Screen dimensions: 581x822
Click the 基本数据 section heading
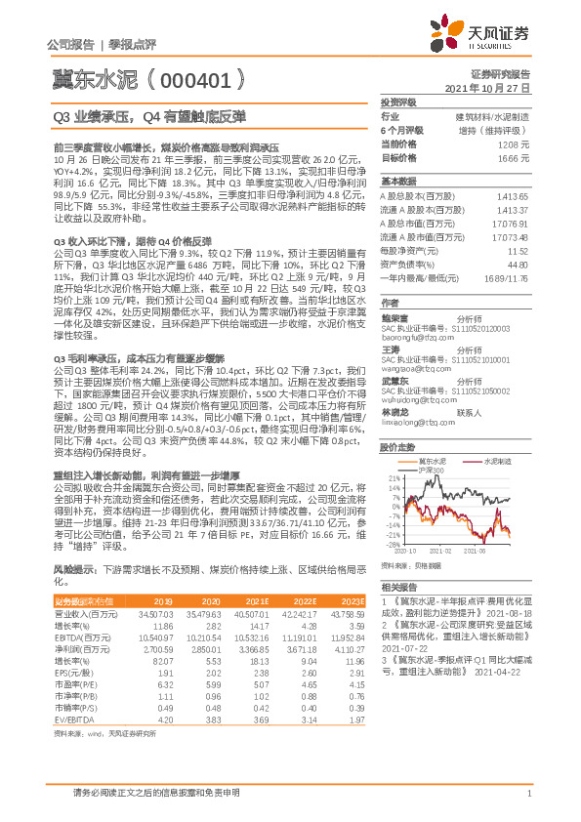click(397, 182)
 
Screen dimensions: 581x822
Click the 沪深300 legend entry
click(432, 442)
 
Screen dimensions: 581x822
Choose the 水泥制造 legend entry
click(500, 432)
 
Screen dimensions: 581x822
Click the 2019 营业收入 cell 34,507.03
click(156, 612)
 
